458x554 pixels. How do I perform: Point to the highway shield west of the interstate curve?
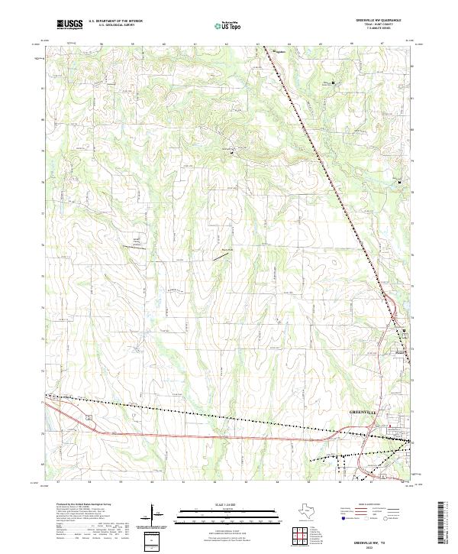pos(89,417)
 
